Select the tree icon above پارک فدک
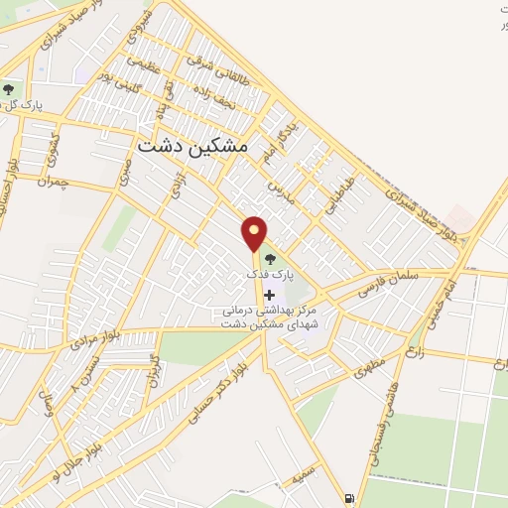[272, 261]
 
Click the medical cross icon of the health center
[269, 295]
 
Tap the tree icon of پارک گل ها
[9, 90]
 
